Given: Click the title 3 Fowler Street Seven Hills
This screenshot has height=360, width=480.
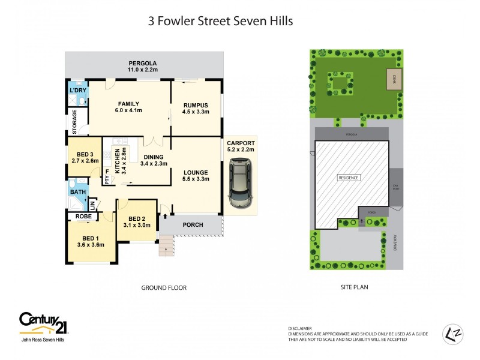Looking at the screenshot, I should (220, 22).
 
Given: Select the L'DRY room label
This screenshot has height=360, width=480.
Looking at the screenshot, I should (78, 91).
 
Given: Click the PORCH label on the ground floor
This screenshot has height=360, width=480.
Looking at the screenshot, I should (193, 225).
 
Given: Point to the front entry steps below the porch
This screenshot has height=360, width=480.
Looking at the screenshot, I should (166, 246).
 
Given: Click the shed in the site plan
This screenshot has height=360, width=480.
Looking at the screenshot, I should (394, 79).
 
